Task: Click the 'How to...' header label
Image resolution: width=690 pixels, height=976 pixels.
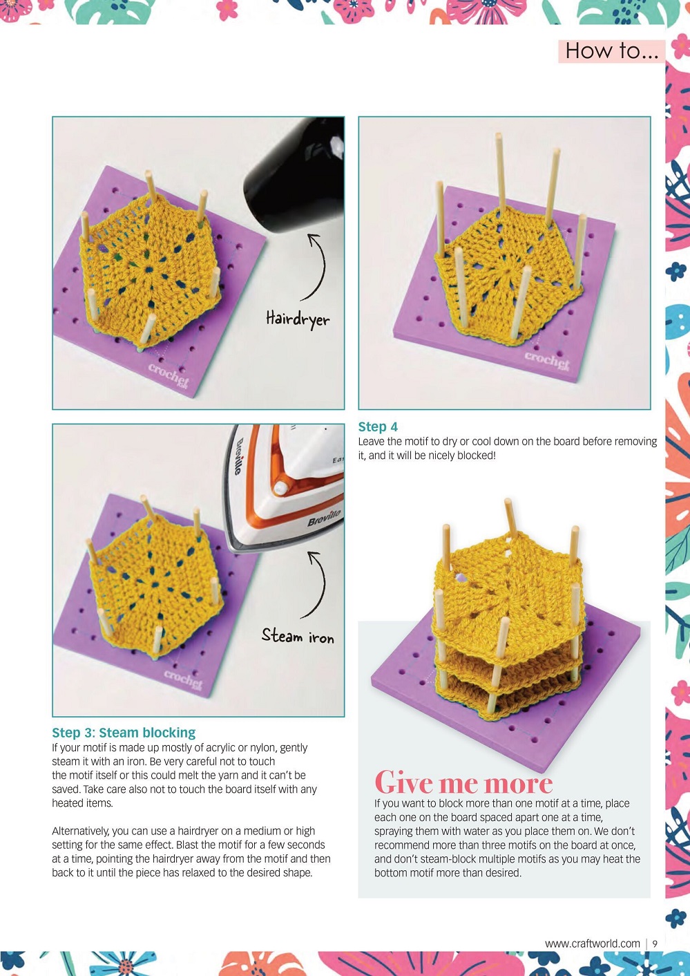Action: [611, 51]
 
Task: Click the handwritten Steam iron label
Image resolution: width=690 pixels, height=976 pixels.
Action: [298, 636]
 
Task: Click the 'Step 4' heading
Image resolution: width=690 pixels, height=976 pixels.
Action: [378, 426]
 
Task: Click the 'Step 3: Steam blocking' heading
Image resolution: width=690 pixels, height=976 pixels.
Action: [124, 733]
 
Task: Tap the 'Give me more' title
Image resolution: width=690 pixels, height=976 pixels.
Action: [463, 782]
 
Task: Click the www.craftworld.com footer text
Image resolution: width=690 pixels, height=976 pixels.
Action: [592, 944]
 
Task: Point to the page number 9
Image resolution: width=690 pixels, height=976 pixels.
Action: [655, 944]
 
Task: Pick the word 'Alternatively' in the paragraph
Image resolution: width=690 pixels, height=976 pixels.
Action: [81, 831]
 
